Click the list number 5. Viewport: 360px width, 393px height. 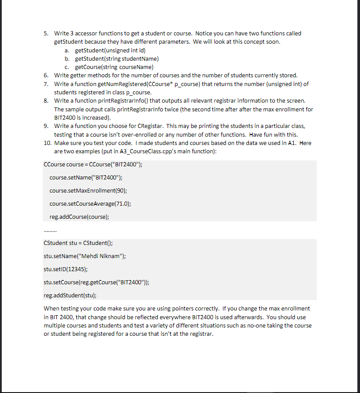pos(46,34)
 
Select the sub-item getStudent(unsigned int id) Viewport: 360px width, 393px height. pos(107,51)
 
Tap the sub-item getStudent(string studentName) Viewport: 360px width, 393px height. pos(117,59)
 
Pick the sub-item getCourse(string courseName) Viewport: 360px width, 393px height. pos(114,67)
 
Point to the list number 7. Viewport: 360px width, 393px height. pos(46,84)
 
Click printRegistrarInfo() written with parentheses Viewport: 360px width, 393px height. pos(120,101)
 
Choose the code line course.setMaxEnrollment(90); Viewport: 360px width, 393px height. pos(88,191)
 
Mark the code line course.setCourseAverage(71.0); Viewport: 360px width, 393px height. pos(90,203)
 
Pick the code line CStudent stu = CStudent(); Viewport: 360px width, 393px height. pos(78,243)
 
